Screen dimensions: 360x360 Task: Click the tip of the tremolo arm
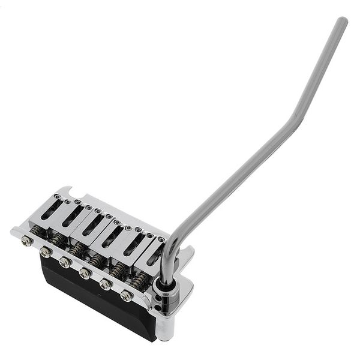tap(342, 22)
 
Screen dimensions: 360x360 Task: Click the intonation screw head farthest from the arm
tap(26, 241)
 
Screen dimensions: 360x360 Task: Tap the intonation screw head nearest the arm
tap(127, 295)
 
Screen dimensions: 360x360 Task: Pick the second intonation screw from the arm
tap(106, 284)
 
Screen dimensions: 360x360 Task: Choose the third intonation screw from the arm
tap(86, 273)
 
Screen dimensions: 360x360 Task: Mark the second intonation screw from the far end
tap(46, 252)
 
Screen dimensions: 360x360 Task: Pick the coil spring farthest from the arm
tap(37, 229)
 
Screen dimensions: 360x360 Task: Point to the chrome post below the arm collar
tap(163, 318)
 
